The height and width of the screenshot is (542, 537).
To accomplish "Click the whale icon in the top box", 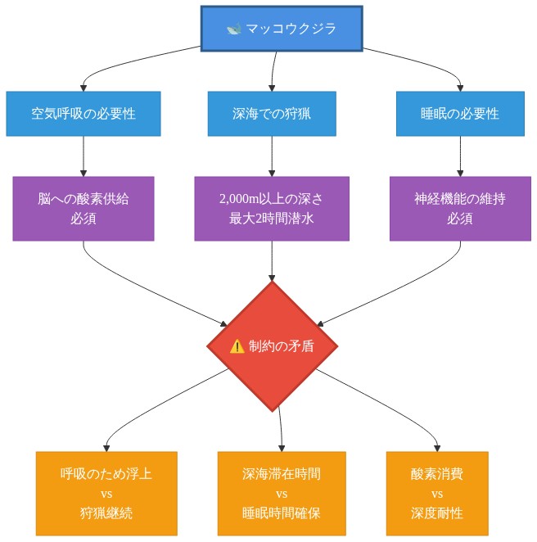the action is pyautogui.click(x=234, y=29).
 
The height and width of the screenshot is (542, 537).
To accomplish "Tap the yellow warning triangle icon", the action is pyautogui.click(x=237, y=346).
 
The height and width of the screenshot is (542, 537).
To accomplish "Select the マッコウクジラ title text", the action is pyautogui.click(x=291, y=29).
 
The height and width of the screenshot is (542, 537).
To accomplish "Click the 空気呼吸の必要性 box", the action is pyautogui.click(x=83, y=114).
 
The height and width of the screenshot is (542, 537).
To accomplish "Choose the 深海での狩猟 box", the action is pyautogui.click(x=272, y=114).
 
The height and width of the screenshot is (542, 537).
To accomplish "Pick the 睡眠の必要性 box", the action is pyautogui.click(x=460, y=114).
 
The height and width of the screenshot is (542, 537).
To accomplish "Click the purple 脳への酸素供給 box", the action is pyautogui.click(x=83, y=209).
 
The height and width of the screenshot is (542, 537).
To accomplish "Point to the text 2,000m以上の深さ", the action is pyautogui.click(x=271, y=199).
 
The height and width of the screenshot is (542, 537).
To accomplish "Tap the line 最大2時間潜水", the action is pyautogui.click(x=271, y=219).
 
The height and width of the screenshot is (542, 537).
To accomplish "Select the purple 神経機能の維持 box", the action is pyautogui.click(x=460, y=209).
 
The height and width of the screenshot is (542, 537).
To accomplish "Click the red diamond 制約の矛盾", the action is pyautogui.click(x=272, y=346).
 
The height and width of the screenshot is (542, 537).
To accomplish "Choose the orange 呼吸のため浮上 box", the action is pyautogui.click(x=106, y=493).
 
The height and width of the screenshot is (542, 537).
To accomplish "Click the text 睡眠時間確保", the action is pyautogui.click(x=282, y=513).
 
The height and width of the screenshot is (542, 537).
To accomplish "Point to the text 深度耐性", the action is pyautogui.click(x=437, y=513).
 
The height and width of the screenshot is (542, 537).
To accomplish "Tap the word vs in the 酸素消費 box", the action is pyautogui.click(x=437, y=494).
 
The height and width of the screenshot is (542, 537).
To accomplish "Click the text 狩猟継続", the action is pyautogui.click(x=106, y=513).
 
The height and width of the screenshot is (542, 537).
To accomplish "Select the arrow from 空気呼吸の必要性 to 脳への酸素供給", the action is pyautogui.click(x=83, y=156).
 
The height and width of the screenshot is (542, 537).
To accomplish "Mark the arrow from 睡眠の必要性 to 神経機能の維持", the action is pyautogui.click(x=460, y=156).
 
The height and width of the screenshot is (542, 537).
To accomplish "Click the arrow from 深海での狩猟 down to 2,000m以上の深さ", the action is pyautogui.click(x=272, y=156).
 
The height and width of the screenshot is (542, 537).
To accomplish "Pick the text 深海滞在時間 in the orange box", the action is pyautogui.click(x=282, y=474).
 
